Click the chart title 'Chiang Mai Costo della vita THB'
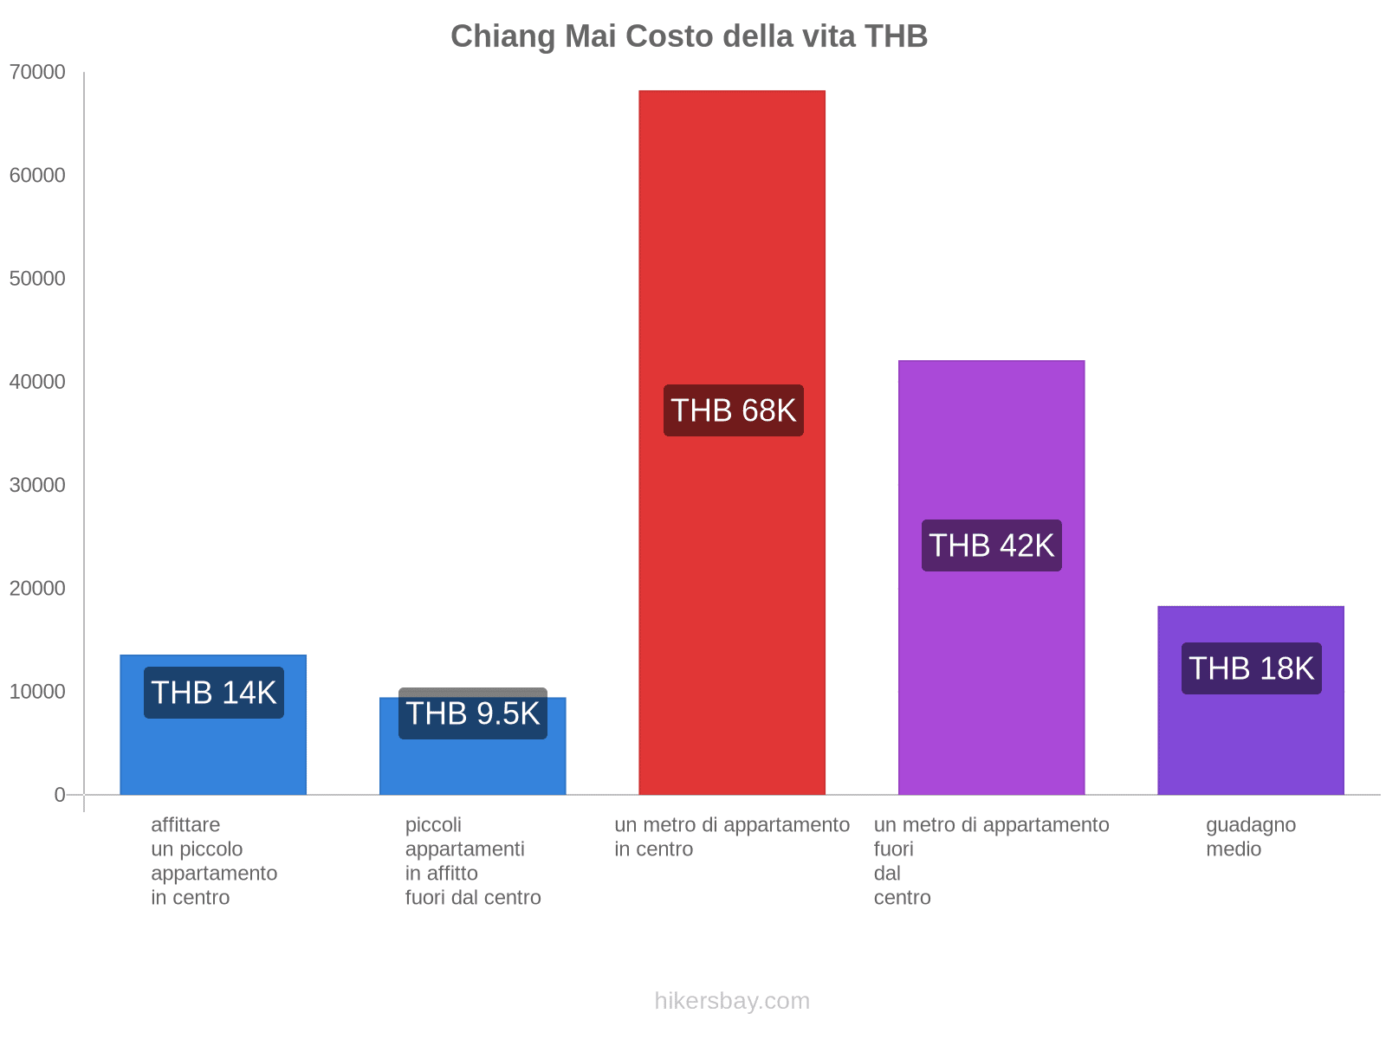point(689,36)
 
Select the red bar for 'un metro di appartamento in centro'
point(732,260)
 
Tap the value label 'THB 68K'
point(733,410)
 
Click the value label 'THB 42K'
point(991,545)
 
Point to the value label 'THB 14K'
point(213,693)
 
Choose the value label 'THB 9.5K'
point(472,713)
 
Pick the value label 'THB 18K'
point(1251,668)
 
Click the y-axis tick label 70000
point(37,72)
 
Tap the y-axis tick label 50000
point(37,279)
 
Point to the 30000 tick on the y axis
point(37,485)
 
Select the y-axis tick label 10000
point(37,692)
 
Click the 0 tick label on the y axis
point(60,795)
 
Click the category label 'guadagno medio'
point(1250,836)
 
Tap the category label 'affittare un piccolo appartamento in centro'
point(213,861)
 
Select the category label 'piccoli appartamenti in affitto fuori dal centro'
point(472,861)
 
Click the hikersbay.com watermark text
point(732,1001)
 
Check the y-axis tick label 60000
point(37,176)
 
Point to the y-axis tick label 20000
point(37,589)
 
